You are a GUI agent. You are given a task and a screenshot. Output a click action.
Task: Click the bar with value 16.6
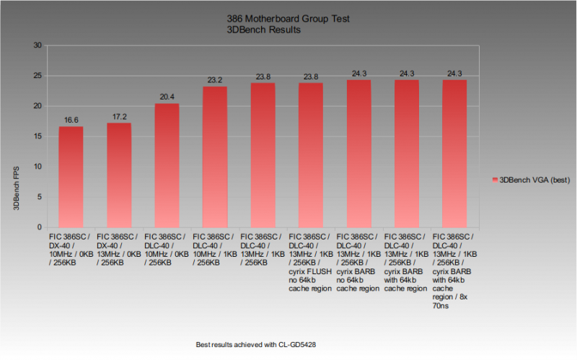pos(71,177)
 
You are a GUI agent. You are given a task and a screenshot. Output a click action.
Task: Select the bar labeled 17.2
pos(119,175)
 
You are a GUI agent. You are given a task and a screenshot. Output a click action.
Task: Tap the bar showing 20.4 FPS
pos(167,165)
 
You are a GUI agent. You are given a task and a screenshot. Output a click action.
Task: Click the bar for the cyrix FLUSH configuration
pos(311,154)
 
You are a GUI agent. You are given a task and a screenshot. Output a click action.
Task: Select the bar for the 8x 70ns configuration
pos(454,153)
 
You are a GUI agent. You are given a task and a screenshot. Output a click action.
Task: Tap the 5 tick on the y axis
pos(38,197)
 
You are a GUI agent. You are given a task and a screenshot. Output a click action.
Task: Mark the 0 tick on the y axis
pos(38,227)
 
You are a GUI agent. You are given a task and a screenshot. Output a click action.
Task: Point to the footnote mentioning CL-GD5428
pos(256,345)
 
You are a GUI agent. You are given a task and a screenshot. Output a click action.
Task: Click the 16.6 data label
pos(71,120)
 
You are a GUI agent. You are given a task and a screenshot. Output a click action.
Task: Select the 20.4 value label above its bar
pos(167,97)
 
